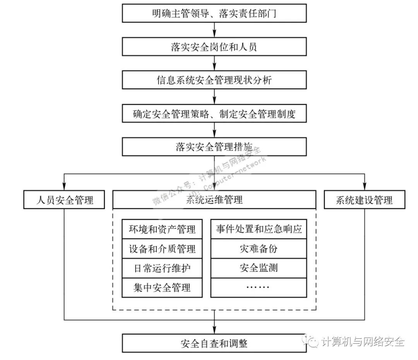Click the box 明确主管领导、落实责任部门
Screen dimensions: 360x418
[214, 14]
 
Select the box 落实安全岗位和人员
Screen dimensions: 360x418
[214, 47]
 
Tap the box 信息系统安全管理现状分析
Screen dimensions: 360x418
[214, 81]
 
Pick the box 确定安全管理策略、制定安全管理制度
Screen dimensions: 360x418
[214, 114]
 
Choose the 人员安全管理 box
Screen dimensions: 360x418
[64, 200]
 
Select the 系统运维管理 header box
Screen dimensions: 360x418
[214, 200]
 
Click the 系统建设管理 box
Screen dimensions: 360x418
[364, 200]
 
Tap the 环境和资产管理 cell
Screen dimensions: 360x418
[162, 230]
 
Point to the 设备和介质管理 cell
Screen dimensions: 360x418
[162, 249]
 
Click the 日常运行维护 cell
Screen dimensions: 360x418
[162, 268]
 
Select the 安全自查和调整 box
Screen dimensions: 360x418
[214, 343]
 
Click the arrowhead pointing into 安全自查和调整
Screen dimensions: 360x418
[214, 331]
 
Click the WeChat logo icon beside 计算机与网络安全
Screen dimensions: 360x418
[312, 341]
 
